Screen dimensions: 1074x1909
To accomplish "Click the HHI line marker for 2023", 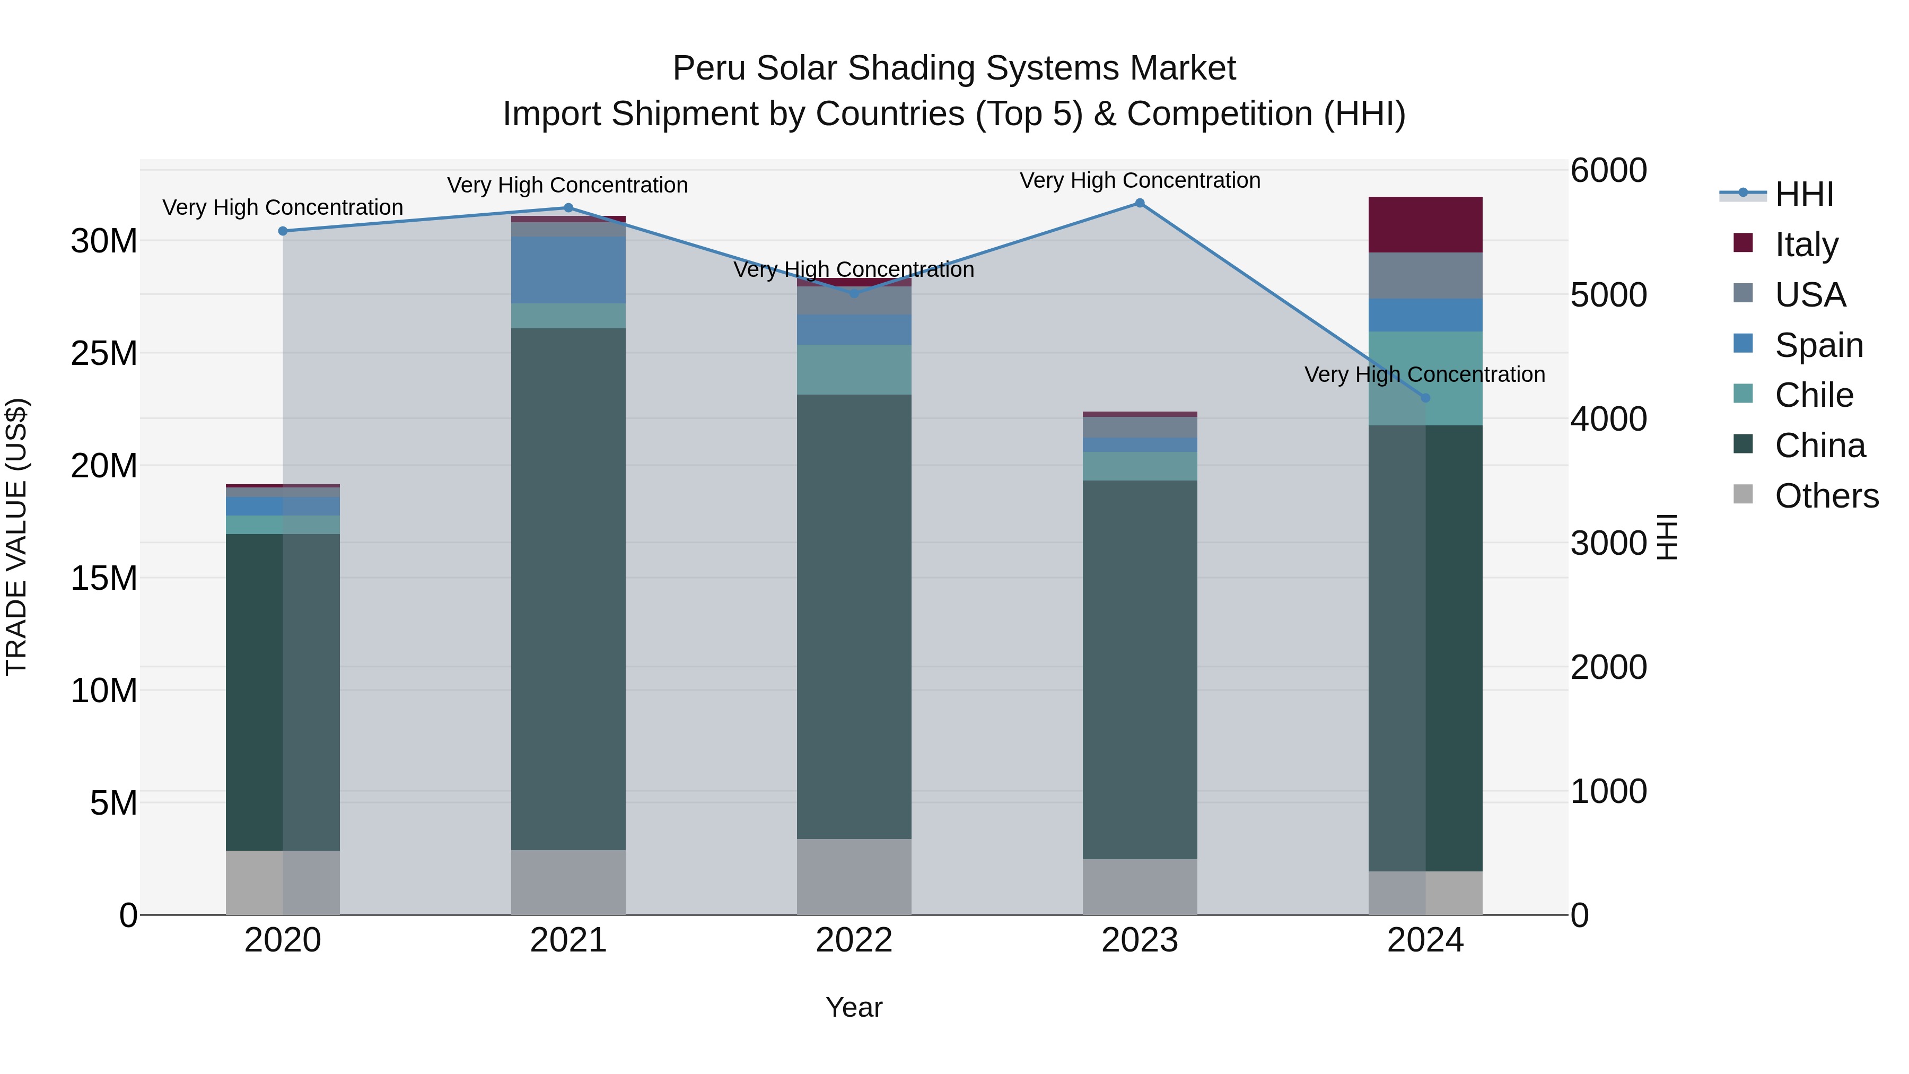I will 1140,203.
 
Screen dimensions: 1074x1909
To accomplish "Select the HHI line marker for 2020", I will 282,231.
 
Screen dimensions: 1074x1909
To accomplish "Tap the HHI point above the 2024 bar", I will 1425,398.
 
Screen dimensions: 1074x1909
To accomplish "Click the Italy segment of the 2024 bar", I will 1425,224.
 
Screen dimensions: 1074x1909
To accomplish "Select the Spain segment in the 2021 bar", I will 568,270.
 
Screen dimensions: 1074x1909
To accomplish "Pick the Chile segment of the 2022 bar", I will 854,369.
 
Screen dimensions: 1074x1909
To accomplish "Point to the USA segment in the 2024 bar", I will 1425,276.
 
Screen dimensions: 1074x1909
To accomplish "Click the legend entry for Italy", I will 1806,244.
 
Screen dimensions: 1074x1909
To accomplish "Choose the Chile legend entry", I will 1814,395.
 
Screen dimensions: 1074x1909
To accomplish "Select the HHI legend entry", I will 1804,194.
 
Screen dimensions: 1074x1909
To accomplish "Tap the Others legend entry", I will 1826,495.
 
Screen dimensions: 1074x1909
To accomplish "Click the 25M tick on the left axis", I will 104,354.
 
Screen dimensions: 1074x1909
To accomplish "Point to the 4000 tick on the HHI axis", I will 1608,419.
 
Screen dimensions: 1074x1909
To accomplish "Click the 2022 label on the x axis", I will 854,940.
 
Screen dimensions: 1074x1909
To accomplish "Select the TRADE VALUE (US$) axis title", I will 16,537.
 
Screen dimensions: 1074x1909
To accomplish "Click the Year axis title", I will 854,1007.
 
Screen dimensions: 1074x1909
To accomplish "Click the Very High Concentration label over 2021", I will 567,185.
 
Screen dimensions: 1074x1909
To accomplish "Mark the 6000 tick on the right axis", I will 1608,170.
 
